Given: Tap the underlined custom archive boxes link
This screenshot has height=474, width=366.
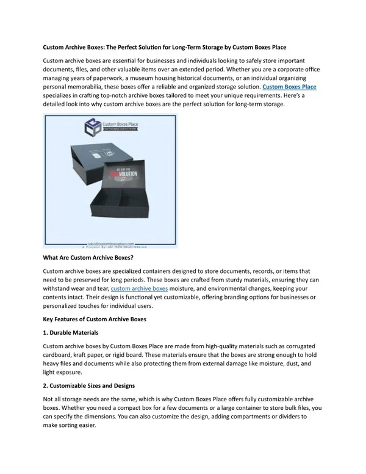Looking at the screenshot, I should point(139,288).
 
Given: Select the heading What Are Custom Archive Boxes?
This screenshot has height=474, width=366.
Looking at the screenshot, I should point(88,258).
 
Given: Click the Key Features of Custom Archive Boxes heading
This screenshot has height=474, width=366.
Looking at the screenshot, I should point(95,319).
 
